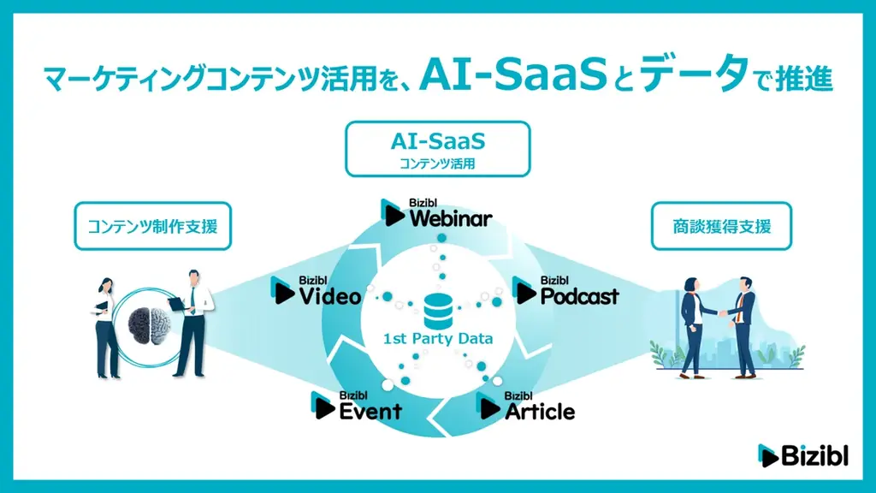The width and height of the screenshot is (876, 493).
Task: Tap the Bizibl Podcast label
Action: click(x=566, y=291)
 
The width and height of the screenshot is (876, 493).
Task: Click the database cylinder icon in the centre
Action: click(x=437, y=310)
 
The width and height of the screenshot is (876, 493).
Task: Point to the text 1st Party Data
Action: click(x=437, y=339)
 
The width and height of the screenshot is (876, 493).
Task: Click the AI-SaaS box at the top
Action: click(x=437, y=149)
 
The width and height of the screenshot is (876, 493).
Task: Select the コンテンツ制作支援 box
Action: click(x=152, y=227)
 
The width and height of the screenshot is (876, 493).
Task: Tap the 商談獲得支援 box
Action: click(x=721, y=227)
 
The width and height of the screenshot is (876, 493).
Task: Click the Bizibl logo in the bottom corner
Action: click(x=802, y=456)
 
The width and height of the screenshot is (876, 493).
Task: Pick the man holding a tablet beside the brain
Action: click(x=192, y=321)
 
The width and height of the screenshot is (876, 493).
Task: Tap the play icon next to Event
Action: click(x=324, y=406)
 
